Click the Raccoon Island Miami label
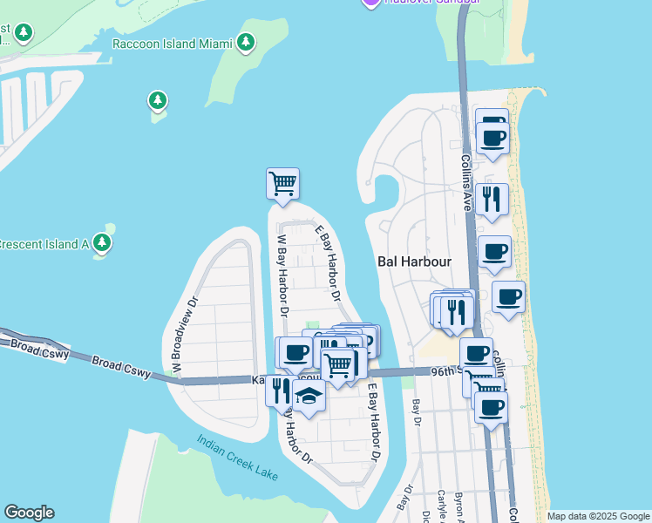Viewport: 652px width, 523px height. coord(173,44)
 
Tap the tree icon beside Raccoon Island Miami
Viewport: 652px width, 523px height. coord(246,42)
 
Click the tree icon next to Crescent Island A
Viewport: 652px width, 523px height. coord(103,242)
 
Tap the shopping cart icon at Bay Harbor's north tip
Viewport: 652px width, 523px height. coord(282,184)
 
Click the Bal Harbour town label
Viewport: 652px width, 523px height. coord(412,261)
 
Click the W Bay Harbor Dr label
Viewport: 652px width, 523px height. coord(282,273)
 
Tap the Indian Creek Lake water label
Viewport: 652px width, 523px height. coord(237,458)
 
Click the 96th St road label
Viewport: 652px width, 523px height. coord(447,371)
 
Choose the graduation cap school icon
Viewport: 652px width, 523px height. coord(308,396)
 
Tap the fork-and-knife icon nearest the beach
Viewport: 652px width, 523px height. coord(492,199)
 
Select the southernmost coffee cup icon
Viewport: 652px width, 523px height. coord(491,406)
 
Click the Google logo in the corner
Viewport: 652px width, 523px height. coord(29,513)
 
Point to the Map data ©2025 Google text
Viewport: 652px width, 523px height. coord(597,516)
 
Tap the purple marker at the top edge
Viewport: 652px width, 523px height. coord(370,3)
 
